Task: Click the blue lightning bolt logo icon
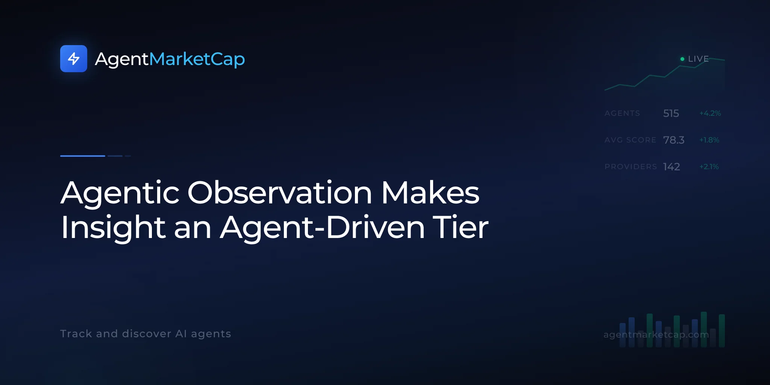(x=74, y=59)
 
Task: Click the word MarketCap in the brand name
(x=197, y=59)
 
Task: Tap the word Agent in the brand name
(x=122, y=59)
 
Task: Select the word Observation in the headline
(x=280, y=192)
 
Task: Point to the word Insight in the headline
(x=113, y=227)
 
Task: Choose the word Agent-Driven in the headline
(x=323, y=227)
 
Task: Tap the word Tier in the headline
(x=461, y=227)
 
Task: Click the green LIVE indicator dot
(x=682, y=59)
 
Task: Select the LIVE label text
(x=699, y=59)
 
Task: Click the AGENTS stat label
(x=622, y=113)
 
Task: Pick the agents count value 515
(x=671, y=113)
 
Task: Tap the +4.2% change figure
(x=710, y=113)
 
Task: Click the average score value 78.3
(x=674, y=140)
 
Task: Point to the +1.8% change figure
(x=709, y=140)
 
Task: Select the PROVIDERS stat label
(x=631, y=167)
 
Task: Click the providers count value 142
(x=671, y=167)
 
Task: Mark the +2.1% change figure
(x=709, y=167)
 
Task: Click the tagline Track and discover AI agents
(x=146, y=334)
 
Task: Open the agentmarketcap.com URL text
(x=656, y=335)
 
